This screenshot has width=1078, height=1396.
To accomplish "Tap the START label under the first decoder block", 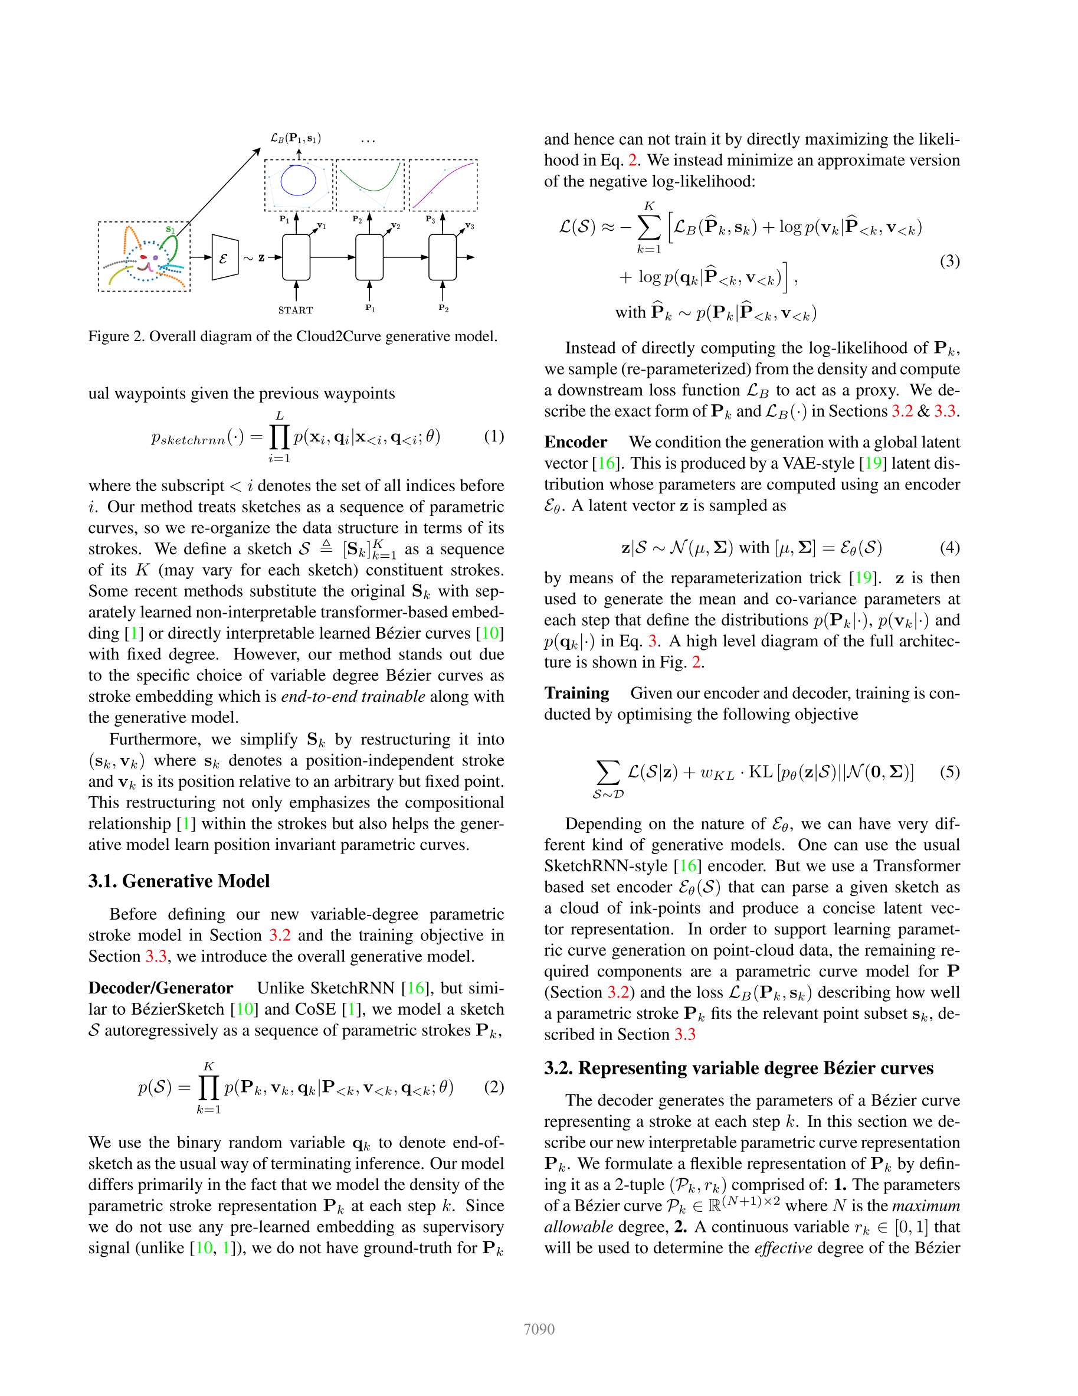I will click(295, 310).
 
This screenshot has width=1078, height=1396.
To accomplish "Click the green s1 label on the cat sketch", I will click(170, 230).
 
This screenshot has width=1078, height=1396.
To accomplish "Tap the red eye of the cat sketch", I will click(144, 257).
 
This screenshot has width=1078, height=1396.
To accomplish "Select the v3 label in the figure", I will click(470, 225).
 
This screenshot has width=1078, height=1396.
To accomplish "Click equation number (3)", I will click(949, 261).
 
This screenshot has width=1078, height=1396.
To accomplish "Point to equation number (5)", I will click(949, 771).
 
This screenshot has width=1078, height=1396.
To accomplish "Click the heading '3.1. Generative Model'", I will click(179, 881).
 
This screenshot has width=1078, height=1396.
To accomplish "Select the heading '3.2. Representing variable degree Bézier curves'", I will click(739, 1068).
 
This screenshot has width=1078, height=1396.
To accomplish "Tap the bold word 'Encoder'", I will click(575, 442).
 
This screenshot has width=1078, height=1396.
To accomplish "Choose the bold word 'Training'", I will click(576, 693).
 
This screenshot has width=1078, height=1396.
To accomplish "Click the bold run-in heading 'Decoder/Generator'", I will click(160, 988).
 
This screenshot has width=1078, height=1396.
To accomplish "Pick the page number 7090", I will click(539, 1329).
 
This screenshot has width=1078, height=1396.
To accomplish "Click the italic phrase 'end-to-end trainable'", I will click(353, 696).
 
